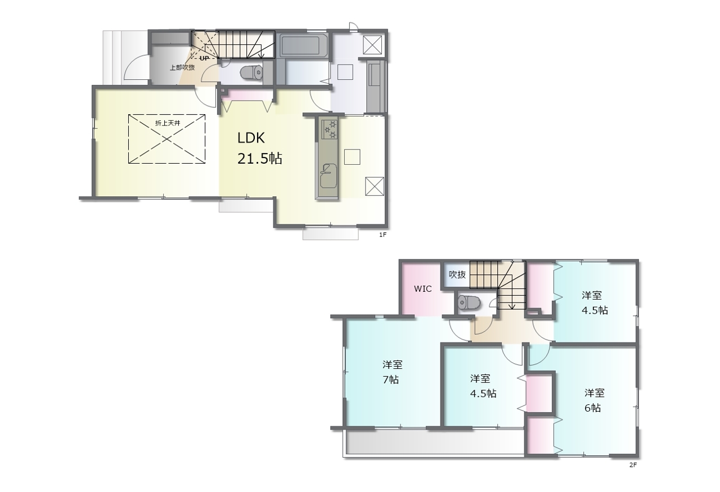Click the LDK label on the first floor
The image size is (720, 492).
point(251,138)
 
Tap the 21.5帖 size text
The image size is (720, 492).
point(260,159)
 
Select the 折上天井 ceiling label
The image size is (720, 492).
point(168,123)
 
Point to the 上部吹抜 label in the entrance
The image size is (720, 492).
point(182,67)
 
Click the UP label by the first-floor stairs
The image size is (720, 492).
point(204,58)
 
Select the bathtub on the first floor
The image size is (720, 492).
point(300,46)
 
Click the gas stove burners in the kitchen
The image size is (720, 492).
point(330,129)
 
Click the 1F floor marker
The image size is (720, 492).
point(382,234)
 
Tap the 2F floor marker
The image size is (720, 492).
point(633,464)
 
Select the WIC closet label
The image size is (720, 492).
point(422,288)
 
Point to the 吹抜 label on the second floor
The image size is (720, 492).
point(457,274)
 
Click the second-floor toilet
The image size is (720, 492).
point(469,302)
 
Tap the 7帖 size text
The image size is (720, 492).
point(390,380)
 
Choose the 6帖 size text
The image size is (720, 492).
point(592,408)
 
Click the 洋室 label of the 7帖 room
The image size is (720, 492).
point(393,364)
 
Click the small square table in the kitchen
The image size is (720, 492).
point(352,157)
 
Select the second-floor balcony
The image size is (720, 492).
point(434,442)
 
